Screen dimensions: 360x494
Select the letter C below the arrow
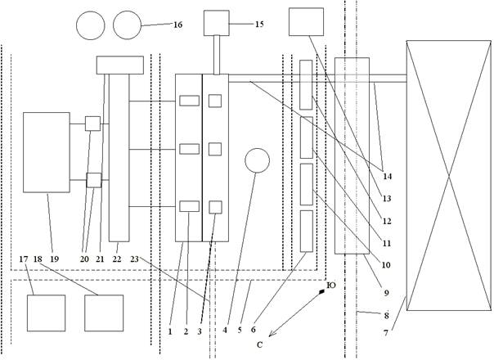258,344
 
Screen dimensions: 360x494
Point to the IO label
330,286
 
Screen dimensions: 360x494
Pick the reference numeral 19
55,259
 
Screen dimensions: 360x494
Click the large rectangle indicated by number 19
47,152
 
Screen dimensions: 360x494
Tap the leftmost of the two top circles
91,25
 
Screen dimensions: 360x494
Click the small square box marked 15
217,22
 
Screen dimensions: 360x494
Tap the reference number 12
387,222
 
